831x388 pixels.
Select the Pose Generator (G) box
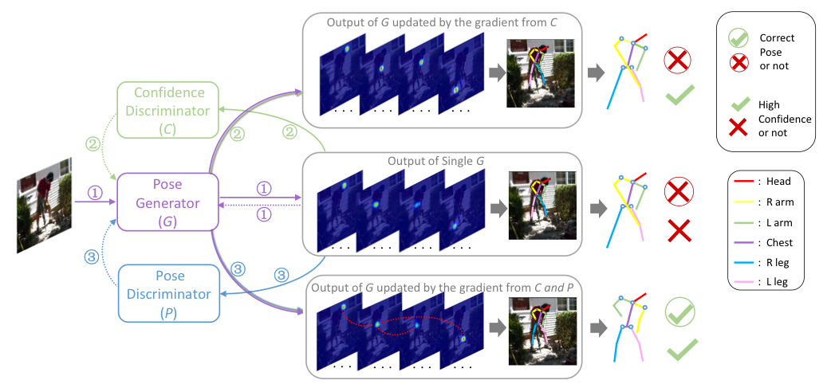[x=167, y=203]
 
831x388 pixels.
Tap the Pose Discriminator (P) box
[x=167, y=293]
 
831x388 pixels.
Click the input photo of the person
[x=45, y=205]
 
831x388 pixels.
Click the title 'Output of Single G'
[x=435, y=161]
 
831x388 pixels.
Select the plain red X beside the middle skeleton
[x=679, y=231]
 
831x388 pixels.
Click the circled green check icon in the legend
[x=738, y=37]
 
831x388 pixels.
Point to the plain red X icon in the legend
[x=738, y=126]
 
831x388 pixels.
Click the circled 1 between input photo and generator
[x=95, y=193]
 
